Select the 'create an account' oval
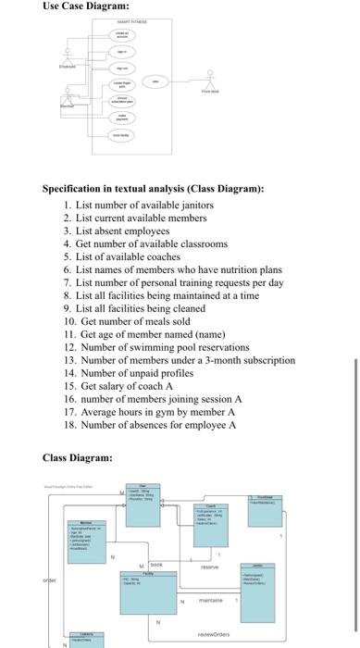pos(121,33)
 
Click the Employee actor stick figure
pos(65,54)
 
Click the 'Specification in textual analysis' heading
pos(154,189)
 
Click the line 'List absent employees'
pos(123,231)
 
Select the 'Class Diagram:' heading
pos(79,457)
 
